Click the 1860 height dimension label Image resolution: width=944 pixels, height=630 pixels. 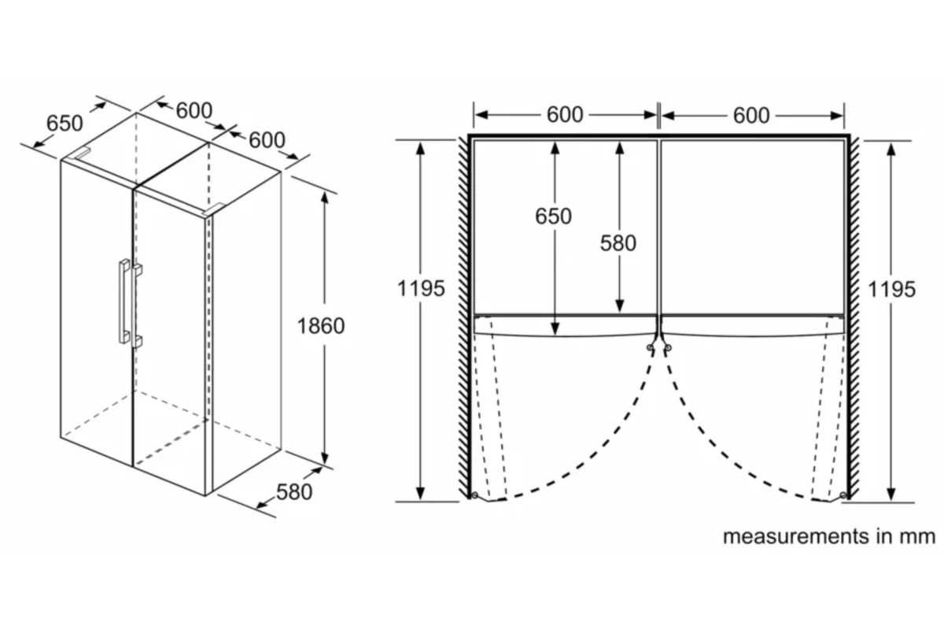pyautogui.click(x=321, y=326)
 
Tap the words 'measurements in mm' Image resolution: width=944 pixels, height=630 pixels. pyautogui.click(x=829, y=536)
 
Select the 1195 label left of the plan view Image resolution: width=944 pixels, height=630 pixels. pyautogui.click(x=421, y=289)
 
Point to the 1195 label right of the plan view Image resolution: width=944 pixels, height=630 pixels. pyautogui.click(x=892, y=290)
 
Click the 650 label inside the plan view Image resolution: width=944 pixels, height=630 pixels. pyautogui.click(x=553, y=217)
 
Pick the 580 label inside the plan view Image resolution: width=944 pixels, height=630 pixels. pyautogui.click(x=618, y=243)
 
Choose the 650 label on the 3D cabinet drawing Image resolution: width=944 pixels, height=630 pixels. pyautogui.click(x=65, y=123)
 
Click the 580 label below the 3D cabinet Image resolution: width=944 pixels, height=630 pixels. pyautogui.click(x=294, y=492)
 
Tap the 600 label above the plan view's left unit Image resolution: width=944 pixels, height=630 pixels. pyautogui.click(x=565, y=115)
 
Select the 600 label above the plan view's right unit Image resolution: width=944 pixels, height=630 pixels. pyautogui.click(x=751, y=116)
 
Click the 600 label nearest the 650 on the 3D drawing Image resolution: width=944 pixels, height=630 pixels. pyautogui.click(x=194, y=111)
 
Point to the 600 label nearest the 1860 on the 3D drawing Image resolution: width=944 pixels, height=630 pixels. pyautogui.click(x=267, y=140)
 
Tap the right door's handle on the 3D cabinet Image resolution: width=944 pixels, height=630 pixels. pyautogui.click(x=137, y=306)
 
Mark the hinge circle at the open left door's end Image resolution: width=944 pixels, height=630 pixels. pyautogui.click(x=475, y=495)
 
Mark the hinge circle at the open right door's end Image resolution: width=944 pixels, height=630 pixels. pyautogui.click(x=843, y=495)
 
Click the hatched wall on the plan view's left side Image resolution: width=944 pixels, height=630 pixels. pyautogui.click(x=463, y=317)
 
